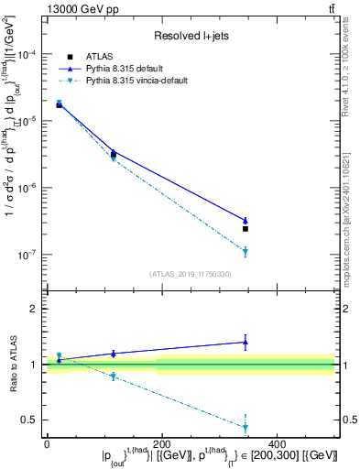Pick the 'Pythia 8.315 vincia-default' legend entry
[x=149, y=81]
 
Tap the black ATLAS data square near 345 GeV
[x=245, y=229]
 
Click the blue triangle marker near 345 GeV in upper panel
[x=245, y=220]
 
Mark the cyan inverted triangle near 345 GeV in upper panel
[x=245, y=252]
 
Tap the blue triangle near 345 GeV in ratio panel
[x=245, y=342]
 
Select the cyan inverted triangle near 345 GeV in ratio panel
[x=245, y=427]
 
